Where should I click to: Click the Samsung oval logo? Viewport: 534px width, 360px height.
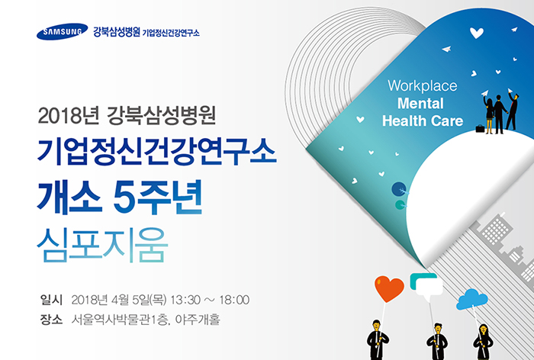click(62, 32)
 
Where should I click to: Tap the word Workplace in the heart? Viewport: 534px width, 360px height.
click(423, 86)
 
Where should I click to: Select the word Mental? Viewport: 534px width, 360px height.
click(420, 103)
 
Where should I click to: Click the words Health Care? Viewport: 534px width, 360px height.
click(423, 121)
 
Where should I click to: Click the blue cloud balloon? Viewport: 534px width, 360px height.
click(471, 300)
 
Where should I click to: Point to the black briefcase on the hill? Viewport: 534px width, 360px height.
click(480, 128)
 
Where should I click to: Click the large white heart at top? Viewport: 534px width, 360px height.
click(477, 33)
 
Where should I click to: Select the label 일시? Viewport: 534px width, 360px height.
click(51, 300)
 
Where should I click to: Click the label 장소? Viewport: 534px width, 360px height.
click(51, 320)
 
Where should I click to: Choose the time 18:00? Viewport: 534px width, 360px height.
click(234, 300)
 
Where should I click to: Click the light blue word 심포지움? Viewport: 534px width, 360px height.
click(102, 245)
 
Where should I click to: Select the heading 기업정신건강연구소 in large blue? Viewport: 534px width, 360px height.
click(156, 152)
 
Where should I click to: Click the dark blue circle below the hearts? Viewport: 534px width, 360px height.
click(399, 189)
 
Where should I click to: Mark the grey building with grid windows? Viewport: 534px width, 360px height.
click(496, 229)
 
